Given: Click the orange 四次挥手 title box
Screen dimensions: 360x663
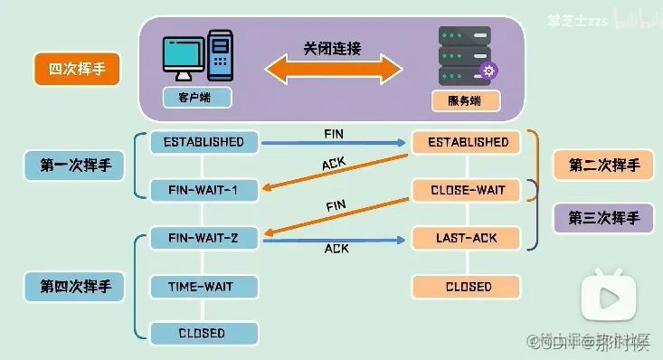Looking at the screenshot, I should pyautogui.click(x=76, y=70).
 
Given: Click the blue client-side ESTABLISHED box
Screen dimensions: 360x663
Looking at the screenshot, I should pyautogui.click(x=204, y=142).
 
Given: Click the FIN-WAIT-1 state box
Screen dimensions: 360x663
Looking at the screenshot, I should pyautogui.click(x=204, y=190).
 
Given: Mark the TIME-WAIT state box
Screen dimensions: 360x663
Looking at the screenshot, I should pyautogui.click(x=204, y=287).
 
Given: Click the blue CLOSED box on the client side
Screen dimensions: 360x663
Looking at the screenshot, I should pyautogui.click(x=204, y=333).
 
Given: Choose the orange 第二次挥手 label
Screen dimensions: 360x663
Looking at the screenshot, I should pyautogui.click(x=603, y=166).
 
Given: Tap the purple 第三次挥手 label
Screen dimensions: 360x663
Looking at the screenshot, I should pyautogui.click(x=603, y=218).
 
